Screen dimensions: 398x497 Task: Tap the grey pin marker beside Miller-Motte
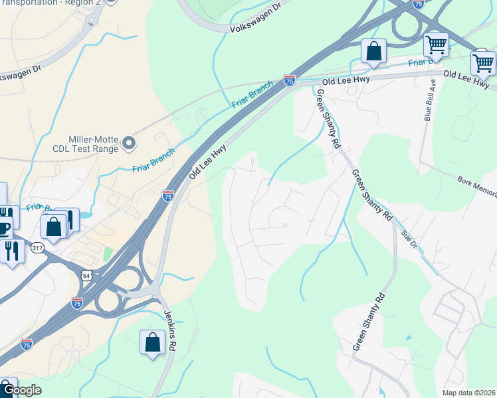[x=130, y=143]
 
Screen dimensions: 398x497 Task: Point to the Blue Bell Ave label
[x=429, y=99]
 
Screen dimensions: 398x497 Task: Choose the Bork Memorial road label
[x=476, y=185]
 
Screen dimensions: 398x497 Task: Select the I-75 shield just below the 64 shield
[x=77, y=303]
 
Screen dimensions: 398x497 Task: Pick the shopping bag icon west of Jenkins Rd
[x=152, y=342]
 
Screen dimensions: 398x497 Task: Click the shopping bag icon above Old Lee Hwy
[x=373, y=51]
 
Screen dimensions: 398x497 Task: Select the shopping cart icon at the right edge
[x=483, y=64]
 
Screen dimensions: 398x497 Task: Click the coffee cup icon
[x=3, y=228]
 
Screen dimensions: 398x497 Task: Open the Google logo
[x=21, y=390]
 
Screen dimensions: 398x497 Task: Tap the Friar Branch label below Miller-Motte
[x=153, y=159]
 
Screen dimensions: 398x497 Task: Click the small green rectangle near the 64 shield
[x=107, y=255]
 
